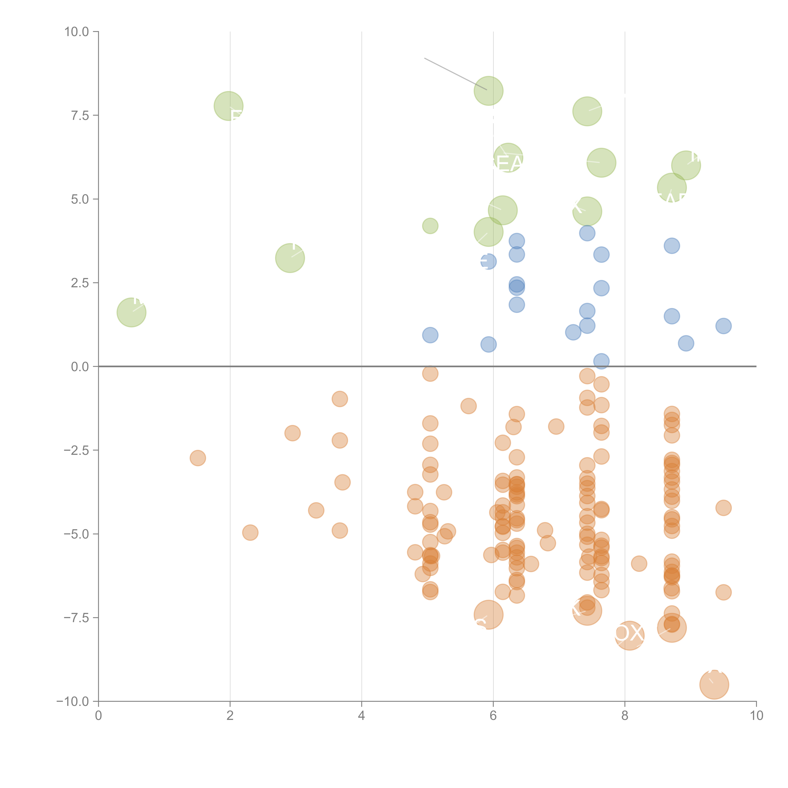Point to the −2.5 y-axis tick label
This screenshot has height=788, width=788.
coord(76,450)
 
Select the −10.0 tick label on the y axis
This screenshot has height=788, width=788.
coord(73,701)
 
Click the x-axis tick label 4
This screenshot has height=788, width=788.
coord(361,716)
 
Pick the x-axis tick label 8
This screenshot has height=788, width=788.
coord(625,716)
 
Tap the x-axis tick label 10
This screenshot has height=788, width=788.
coord(756,716)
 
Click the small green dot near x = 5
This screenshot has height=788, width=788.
coord(430,226)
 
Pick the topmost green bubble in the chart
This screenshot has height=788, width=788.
coord(488,91)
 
